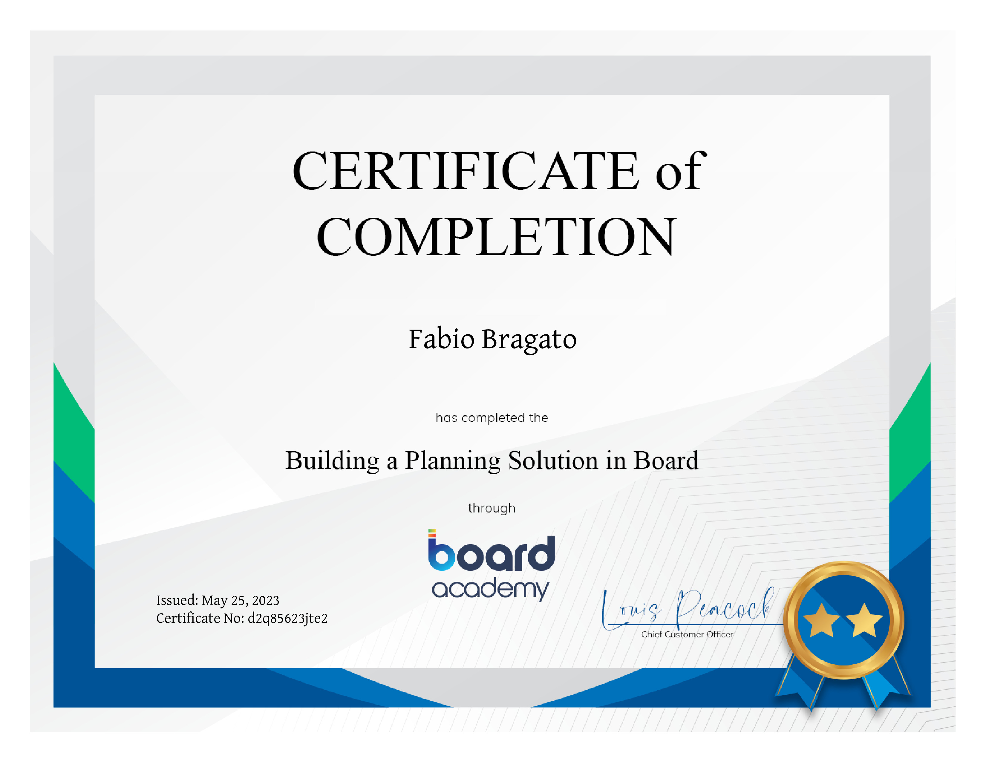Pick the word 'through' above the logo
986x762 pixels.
click(x=492, y=508)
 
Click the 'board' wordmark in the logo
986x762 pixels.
click(x=491, y=552)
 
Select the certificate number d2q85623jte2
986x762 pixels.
click(x=287, y=619)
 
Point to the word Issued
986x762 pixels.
click(x=177, y=600)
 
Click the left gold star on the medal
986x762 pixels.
click(x=822, y=621)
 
